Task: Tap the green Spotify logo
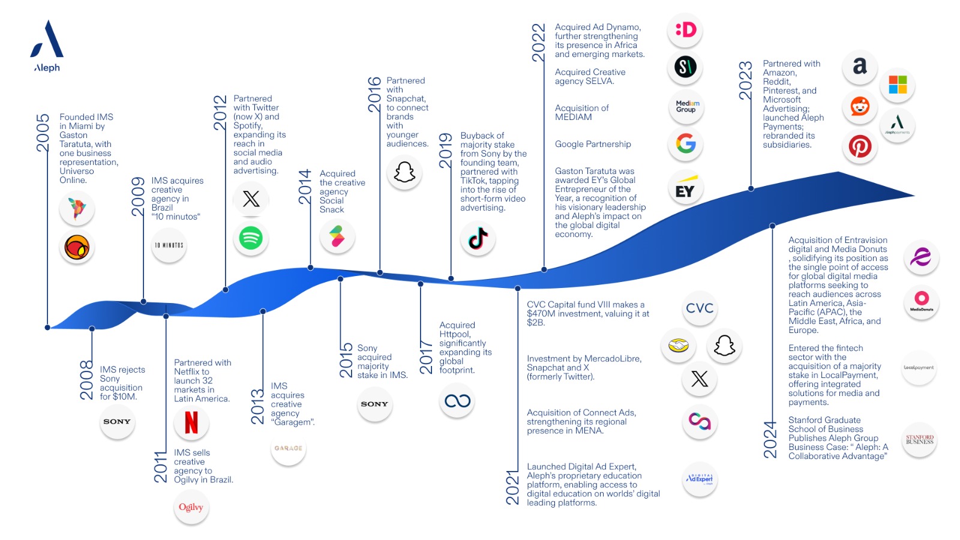pos(251,238)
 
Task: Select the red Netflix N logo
pos(191,422)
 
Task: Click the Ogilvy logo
pos(191,507)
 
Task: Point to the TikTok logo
pos(478,238)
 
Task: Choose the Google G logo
pos(685,143)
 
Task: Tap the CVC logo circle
pos(700,308)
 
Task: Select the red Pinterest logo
pos(860,146)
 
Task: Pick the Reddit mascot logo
pos(860,107)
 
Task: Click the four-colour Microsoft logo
pos(898,85)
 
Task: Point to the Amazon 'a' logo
pos(860,66)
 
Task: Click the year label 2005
pos(43,133)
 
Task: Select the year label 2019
pos(446,150)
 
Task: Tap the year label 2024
pos(770,440)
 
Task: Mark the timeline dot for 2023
pos(751,188)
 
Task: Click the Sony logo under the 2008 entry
pos(116,422)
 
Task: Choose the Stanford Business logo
pos(919,440)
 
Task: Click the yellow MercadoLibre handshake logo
pos(678,346)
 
